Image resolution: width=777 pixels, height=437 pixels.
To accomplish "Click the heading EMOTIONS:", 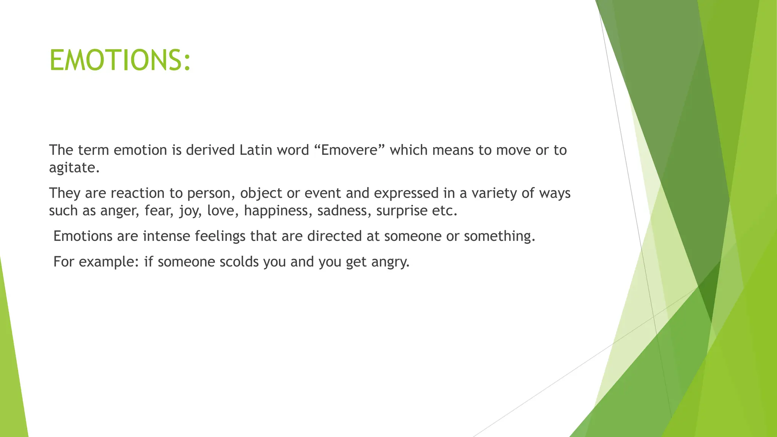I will (120, 60).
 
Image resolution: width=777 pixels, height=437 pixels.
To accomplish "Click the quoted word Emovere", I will (349, 150).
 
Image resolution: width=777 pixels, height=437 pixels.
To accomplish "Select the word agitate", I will (74, 168).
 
